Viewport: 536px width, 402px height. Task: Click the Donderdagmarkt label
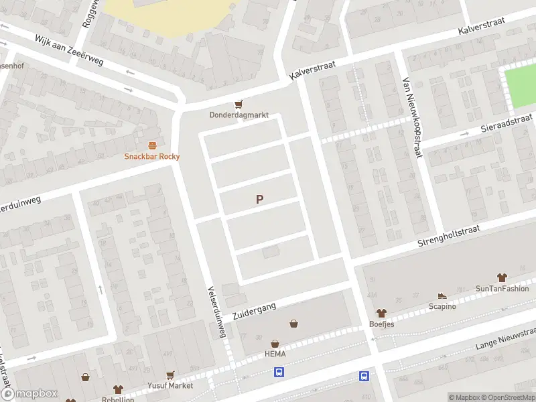[x=239, y=115]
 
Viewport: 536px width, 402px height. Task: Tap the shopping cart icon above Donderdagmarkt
[x=239, y=104]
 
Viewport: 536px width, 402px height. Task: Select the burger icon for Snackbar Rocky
[x=152, y=145]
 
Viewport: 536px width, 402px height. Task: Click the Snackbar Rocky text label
[x=152, y=157]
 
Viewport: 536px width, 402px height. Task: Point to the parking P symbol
[x=259, y=199]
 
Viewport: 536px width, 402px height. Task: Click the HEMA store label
[x=275, y=354]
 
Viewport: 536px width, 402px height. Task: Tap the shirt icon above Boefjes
[x=381, y=312]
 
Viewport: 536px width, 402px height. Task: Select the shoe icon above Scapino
[x=442, y=295]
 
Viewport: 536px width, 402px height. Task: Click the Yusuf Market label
[x=170, y=386]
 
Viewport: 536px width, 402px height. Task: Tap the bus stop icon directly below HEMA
[x=279, y=373]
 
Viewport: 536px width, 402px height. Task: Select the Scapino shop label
[x=442, y=306]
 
